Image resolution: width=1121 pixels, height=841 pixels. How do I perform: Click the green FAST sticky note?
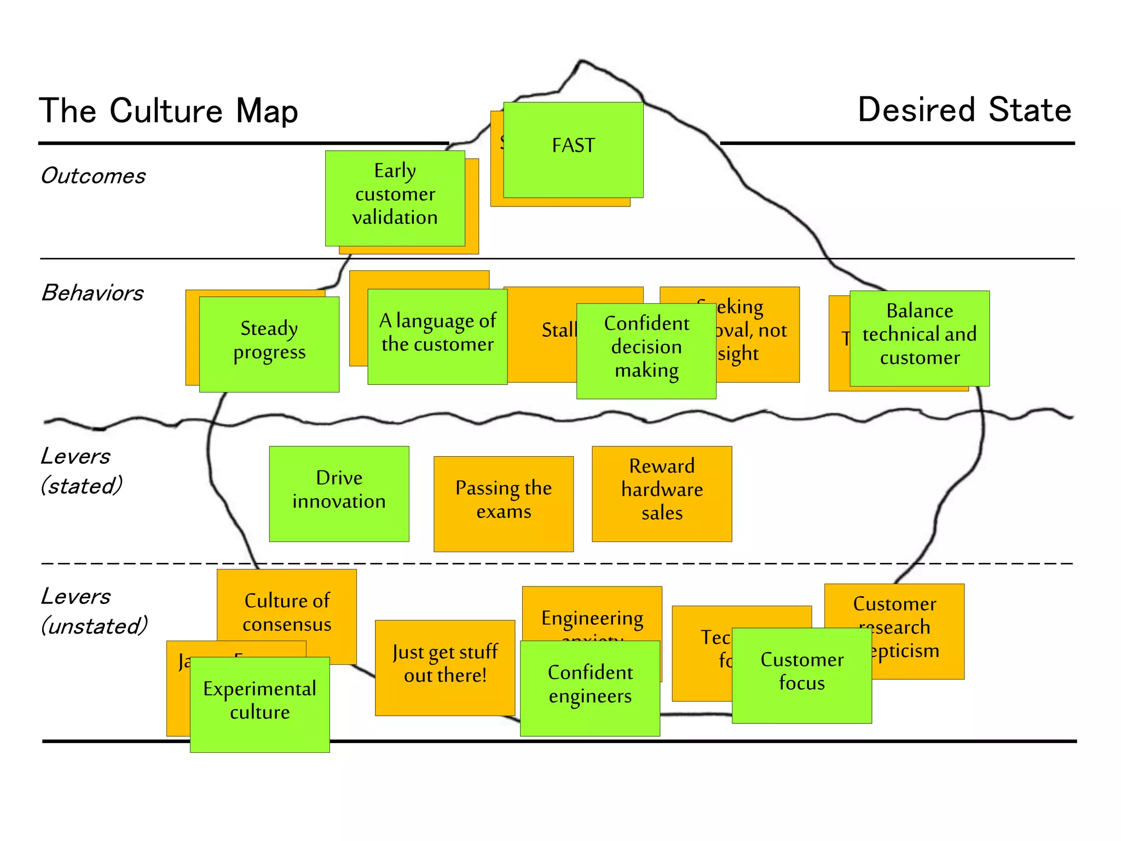click(x=573, y=149)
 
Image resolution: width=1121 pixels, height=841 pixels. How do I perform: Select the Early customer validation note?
click(x=395, y=198)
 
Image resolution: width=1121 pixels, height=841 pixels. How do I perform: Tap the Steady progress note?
click(x=269, y=344)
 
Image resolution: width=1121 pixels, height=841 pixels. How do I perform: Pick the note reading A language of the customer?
click(x=437, y=336)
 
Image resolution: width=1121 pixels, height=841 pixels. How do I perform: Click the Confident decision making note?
click(x=646, y=350)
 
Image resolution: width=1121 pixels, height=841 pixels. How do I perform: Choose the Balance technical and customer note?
click(x=920, y=338)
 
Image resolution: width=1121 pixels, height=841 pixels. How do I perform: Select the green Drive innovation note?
click(x=339, y=493)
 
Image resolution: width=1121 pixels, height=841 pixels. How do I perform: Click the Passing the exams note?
click(x=504, y=503)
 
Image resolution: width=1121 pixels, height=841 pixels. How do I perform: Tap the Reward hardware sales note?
click(x=662, y=493)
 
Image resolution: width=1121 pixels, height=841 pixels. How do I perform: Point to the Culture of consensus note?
click(x=287, y=612)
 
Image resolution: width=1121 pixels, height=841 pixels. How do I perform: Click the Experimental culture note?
click(x=259, y=704)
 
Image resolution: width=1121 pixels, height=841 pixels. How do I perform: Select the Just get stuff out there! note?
click(x=445, y=667)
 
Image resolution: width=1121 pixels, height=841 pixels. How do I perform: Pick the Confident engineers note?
click(x=590, y=688)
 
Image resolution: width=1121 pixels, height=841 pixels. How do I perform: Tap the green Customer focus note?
click(x=802, y=675)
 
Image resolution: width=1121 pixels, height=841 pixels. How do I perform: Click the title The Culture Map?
click(x=169, y=111)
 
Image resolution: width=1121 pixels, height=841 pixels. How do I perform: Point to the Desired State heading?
click(x=964, y=110)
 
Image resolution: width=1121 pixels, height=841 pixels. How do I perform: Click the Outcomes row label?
click(x=93, y=176)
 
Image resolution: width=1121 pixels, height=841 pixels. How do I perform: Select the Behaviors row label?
click(x=93, y=293)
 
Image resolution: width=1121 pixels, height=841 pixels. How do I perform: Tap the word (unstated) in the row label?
click(x=95, y=626)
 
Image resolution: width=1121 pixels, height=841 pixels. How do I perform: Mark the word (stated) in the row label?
click(x=82, y=486)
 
